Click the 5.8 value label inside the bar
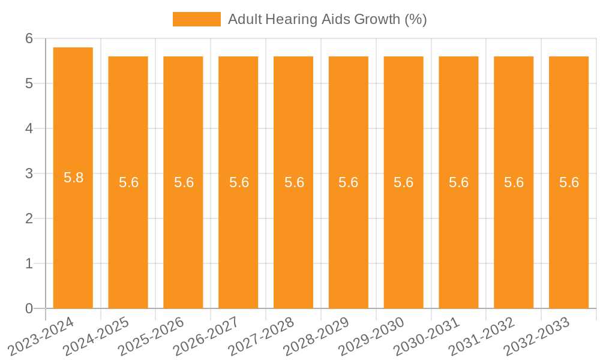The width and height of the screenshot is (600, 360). pyautogui.click(x=73, y=178)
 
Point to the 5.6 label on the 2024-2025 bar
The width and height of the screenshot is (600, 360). pyautogui.click(x=128, y=182)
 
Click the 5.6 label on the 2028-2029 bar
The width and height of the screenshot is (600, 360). pyautogui.click(x=349, y=182)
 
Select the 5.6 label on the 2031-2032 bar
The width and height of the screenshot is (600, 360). pyautogui.click(x=514, y=182)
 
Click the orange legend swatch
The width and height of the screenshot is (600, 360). pyautogui.click(x=196, y=19)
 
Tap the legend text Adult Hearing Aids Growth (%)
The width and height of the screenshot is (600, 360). pyautogui.click(x=328, y=19)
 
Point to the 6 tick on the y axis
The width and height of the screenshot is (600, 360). pyautogui.click(x=29, y=38)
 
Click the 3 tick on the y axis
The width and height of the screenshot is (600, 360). pyautogui.click(x=29, y=173)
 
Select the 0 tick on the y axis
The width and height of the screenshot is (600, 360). pyautogui.click(x=29, y=308)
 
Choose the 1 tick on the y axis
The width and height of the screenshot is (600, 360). pyautogui.click(x=29, y=263)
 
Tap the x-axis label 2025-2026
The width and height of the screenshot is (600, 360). pyautogui.click(x=152, y=337)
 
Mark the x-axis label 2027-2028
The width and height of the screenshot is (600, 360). pyautogui.click(x=262, y=337)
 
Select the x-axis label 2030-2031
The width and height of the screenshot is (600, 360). pyautogui.click(x=427, y=337)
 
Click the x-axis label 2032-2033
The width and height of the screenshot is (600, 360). pyautogui.click(x=538, y=337)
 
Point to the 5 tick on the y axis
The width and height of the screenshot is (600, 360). pyautogui.click(x=29, y=83)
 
